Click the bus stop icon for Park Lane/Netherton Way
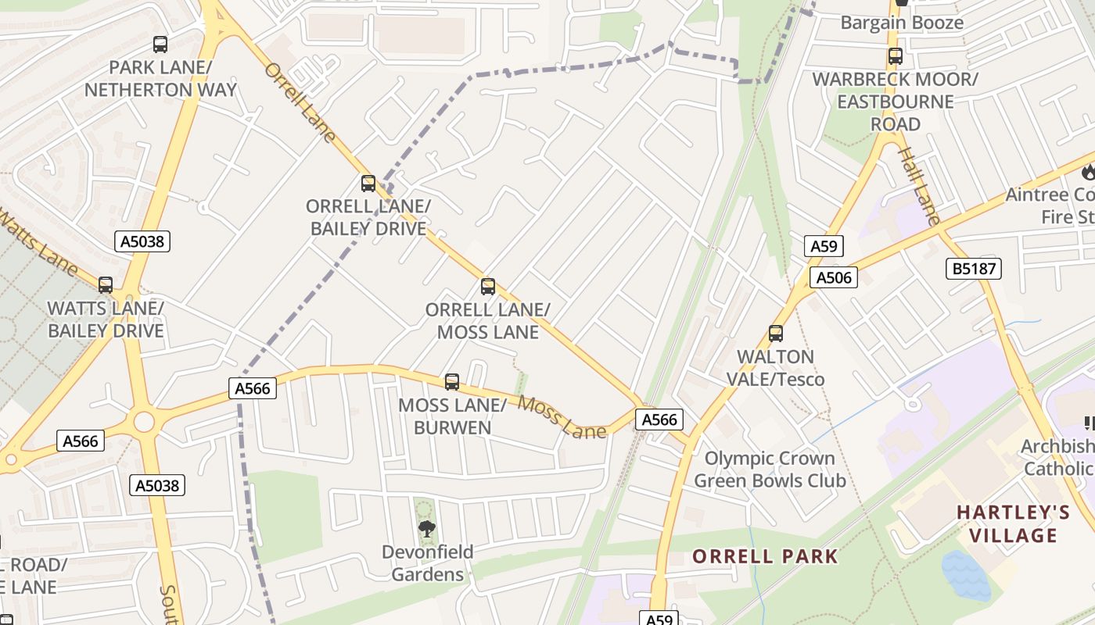pyautogui.click(x=160, y=45)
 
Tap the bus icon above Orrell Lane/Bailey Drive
pyautogui.click(x=368, y=184)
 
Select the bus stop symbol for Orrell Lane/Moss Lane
pyautogui.click(x=488, y=287)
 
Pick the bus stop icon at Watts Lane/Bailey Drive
pyautogui.click(x=106, y=285)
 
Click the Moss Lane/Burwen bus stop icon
pyautogui.click(x=452, y=382)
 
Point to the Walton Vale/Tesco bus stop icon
pyautogui.click(x=776, y=334)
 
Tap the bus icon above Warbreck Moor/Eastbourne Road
pyautogui.click(x=896, y=56)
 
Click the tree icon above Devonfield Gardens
pyautogui.click(x=426, y=530)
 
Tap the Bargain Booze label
pyautogui.click(x=902, y=23)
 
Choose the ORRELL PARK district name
pyautogui.click(x=765, y=556)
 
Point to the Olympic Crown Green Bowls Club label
pyautogui.click(x=770, y=469)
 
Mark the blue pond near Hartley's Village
pyautogui.click(x=967, y=576)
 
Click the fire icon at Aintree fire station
pyautogui.click(x=1088, y=171)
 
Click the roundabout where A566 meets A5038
pyautogui.click(x=144, y=422)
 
